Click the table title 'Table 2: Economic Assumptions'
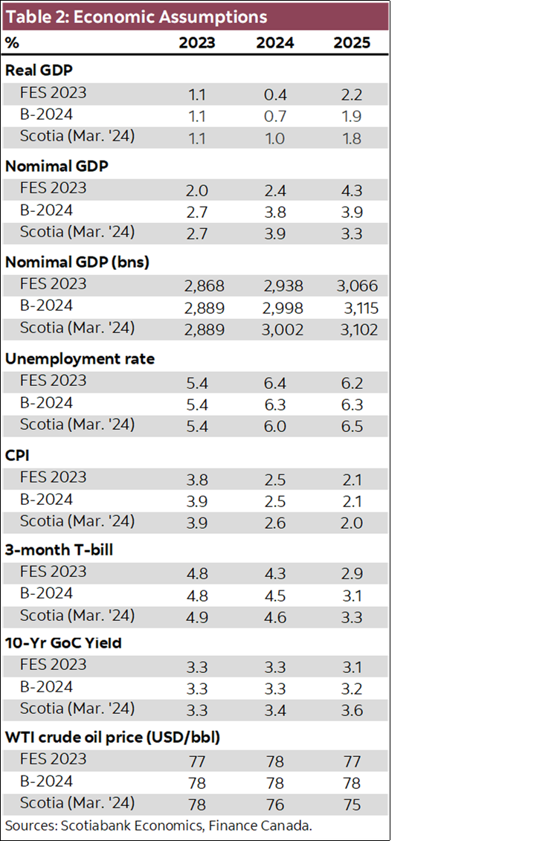point(136,16)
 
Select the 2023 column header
point(197,42)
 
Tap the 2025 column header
point(352,42)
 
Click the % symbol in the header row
point(12,42)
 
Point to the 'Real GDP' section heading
point(38,71)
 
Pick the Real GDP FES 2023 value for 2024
point(274,94)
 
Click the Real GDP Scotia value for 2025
point(352,138)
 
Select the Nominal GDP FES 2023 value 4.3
point(352,190)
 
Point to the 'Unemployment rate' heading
point(80,358)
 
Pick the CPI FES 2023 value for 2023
point(197,478)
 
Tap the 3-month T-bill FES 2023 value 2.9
point(352,573)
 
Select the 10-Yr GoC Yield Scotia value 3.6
point(352,710)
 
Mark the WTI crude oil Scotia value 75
point(352,805)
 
